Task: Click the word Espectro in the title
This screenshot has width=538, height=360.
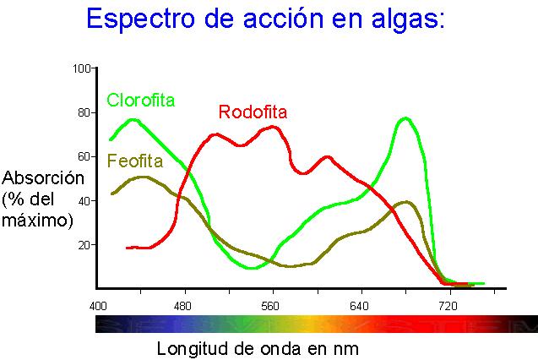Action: coord(140,19)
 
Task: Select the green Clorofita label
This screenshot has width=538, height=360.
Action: coord(141,101)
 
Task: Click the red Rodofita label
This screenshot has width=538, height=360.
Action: coord(253,112)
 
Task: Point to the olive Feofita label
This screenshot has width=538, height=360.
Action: coord(135,161)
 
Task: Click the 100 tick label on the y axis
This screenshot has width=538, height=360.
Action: coord(81,69)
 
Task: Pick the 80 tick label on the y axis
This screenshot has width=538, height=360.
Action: coord(84,113)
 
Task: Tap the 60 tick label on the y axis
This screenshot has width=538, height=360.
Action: coord(84,157)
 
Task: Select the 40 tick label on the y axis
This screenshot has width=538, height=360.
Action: coord(84,201)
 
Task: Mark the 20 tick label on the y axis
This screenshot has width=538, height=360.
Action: coord(84,245)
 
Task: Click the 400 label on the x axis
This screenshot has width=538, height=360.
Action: coord(98,306)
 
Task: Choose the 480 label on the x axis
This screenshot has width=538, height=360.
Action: coord(182,306)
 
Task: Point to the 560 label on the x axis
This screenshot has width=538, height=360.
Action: coord(270,306)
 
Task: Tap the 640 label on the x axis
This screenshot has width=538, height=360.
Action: coord(359,306)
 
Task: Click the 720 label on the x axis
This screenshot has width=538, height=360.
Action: coord(448,306)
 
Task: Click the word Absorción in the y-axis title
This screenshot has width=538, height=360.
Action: coord(43,178)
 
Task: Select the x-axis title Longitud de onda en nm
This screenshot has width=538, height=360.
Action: coord(258,349)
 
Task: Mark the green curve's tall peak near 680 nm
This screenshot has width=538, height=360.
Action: coord(406,119)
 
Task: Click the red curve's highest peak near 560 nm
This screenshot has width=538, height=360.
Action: coord(273,128)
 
